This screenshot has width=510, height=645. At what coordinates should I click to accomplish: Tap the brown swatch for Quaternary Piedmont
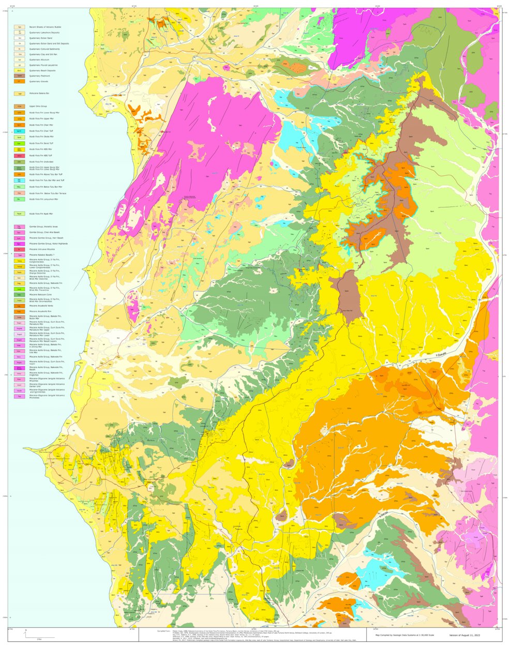(20, 76)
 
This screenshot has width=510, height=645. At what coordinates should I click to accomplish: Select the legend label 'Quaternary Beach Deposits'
(42, 71)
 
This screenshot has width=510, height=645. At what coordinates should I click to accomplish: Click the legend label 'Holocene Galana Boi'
(40, 94)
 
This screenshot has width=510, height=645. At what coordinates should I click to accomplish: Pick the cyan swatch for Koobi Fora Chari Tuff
(20, 131)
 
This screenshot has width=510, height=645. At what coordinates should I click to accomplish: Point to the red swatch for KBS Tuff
(20, 155)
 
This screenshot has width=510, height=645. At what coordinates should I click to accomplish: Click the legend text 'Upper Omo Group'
(38, 106)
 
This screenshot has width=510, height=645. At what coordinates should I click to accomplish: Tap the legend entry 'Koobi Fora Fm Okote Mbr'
(41, 137)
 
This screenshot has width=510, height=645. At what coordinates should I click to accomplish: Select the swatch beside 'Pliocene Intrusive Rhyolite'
(20, 249)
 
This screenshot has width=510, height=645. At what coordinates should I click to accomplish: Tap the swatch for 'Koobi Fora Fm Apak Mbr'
(20, 213)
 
